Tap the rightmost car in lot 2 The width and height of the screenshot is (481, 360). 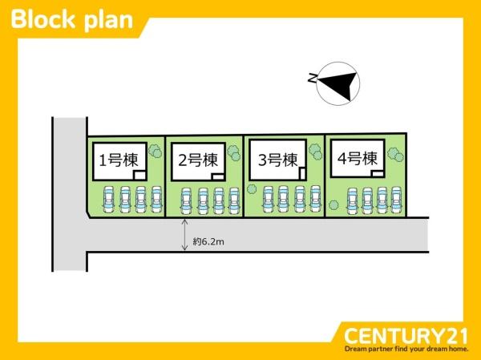(233, 201)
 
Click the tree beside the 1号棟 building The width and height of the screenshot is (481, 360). (155, 150)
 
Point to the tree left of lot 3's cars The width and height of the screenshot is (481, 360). (253, 189)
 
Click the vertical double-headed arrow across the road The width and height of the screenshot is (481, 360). (185, 235)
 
